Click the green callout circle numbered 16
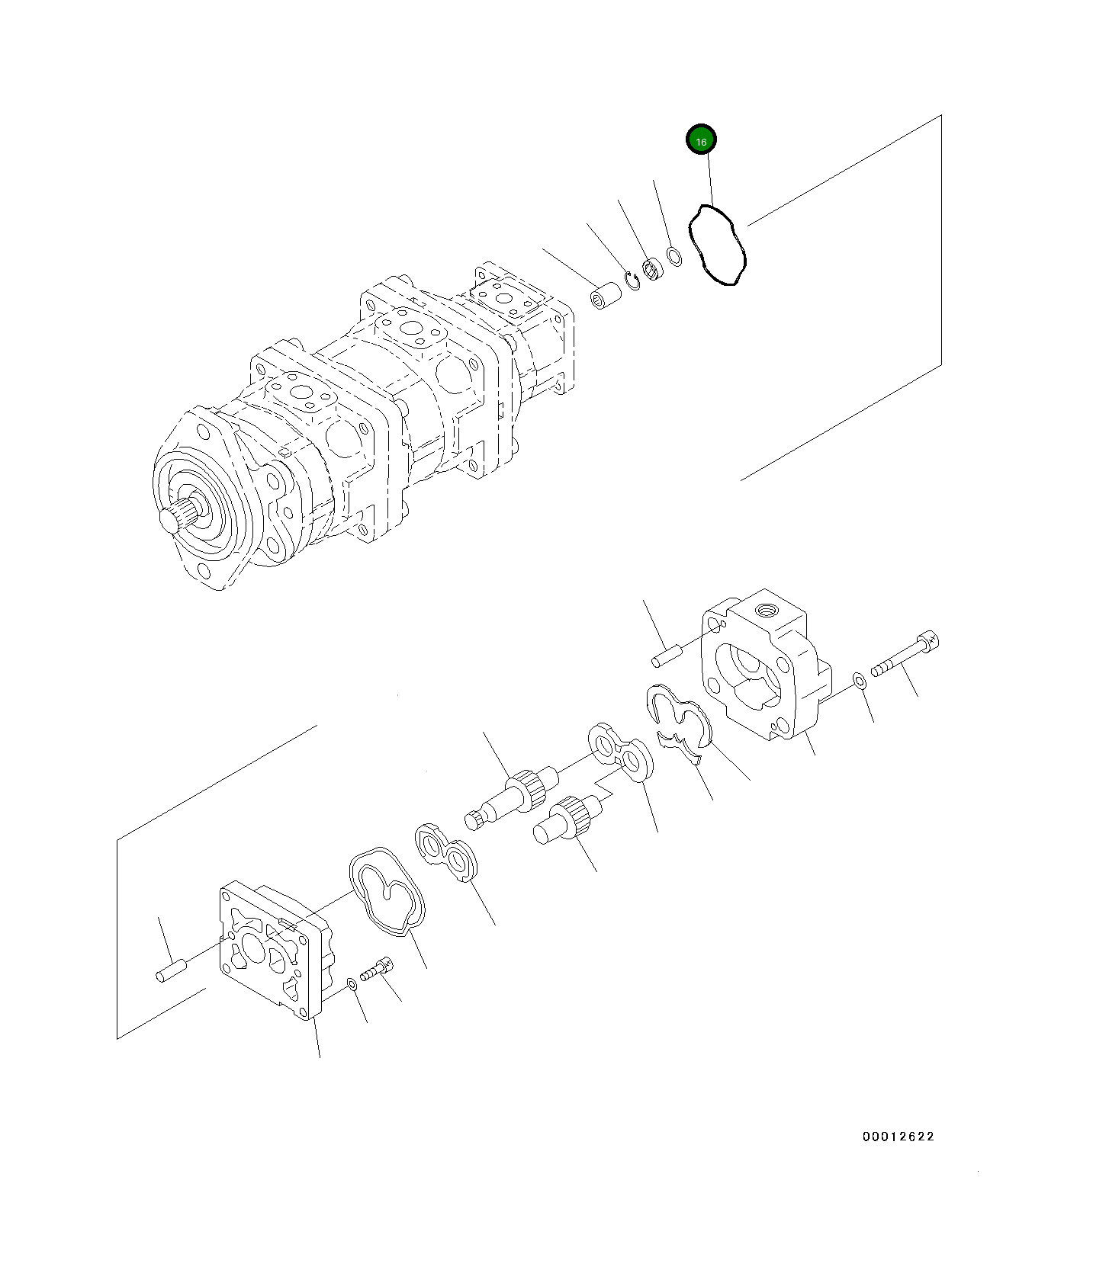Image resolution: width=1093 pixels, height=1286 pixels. pos(701,140)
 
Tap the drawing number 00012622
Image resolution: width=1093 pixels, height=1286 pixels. pos(898,1137)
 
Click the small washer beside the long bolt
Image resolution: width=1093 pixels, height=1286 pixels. pos(858,680)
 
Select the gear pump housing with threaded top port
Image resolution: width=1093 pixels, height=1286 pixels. pos(763,663)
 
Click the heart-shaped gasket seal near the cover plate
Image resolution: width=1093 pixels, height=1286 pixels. pos(387,892)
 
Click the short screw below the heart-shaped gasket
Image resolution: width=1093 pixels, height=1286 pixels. pos(376,971)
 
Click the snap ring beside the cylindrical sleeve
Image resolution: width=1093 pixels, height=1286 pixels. pos(632,281)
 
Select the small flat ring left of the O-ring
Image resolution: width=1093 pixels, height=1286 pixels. pos(674,256)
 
